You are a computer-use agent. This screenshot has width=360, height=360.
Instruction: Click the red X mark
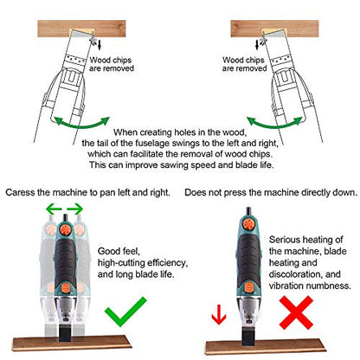(x=296, y=312)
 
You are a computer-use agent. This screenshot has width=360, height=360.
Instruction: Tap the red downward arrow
(x=219, y=314)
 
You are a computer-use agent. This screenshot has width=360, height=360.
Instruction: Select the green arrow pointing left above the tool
(x=54, y=209)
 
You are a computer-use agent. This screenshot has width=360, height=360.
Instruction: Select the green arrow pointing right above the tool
(x=75, y=209)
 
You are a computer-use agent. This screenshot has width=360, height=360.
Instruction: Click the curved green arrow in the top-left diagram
(x=82, y=125)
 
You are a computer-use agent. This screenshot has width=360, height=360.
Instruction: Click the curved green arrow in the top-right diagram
(x=275, y=125)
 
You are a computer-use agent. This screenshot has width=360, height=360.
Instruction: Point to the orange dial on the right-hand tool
(x=248, y=224)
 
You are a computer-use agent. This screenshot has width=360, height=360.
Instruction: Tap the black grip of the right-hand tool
(x=247, y=257)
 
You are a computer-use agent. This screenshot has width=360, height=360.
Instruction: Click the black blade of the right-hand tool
(x=248, y=337)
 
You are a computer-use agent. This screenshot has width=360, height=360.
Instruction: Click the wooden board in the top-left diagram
(x=81, y=29)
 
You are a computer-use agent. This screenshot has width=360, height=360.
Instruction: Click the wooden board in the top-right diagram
(x=274, y=29)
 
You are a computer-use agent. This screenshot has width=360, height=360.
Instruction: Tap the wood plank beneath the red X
(x=265, y=347)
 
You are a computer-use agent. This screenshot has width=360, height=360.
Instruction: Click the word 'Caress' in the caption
(x=20, y=192)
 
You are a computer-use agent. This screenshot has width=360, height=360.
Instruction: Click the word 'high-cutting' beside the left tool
(x=121, y=263)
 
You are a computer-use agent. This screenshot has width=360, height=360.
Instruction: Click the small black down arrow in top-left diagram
(x=100, y=45)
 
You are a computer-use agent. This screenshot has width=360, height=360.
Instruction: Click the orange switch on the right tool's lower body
(x=248, y=287)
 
